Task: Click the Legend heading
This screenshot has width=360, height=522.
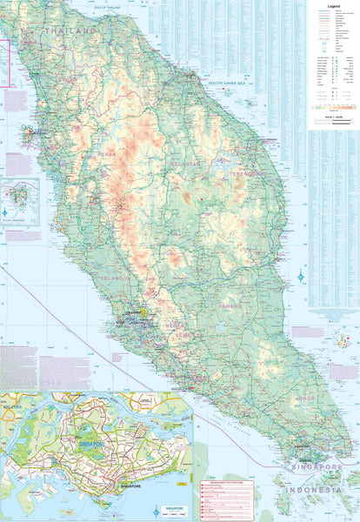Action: (333, 6)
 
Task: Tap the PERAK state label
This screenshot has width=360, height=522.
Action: (107, 154)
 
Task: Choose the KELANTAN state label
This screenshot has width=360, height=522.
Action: (183, 162)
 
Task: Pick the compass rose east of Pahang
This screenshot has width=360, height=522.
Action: (301, 277)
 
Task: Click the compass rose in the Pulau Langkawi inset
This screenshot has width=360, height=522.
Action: (8, 211)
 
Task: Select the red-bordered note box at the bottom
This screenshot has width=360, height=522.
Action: (230, 500)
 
